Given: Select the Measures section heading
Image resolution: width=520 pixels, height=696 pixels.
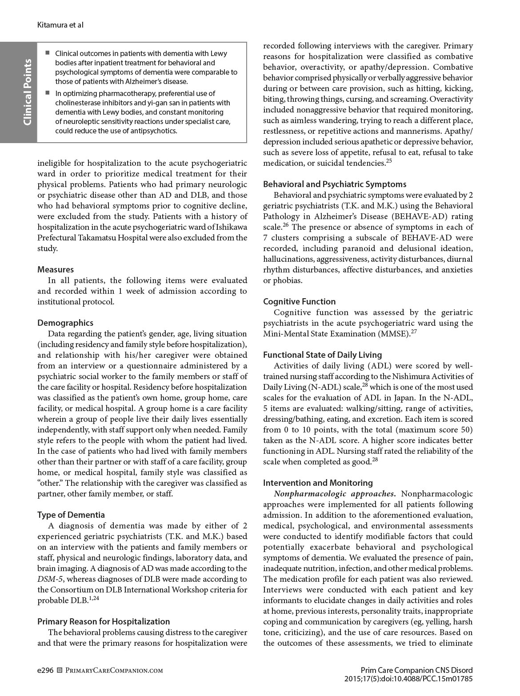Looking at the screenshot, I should tap(56, 269).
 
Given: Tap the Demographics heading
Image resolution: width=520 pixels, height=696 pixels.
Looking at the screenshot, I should tap(65, 323).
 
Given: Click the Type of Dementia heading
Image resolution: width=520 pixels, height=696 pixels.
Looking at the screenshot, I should tap(71, 515).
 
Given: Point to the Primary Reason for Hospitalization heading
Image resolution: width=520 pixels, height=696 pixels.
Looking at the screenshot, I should tap(104, 621).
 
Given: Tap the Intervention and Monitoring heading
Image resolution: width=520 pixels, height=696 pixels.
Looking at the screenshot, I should tap(318, 483).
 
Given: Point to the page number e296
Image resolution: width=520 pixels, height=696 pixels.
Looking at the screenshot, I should tap(45, 670).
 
